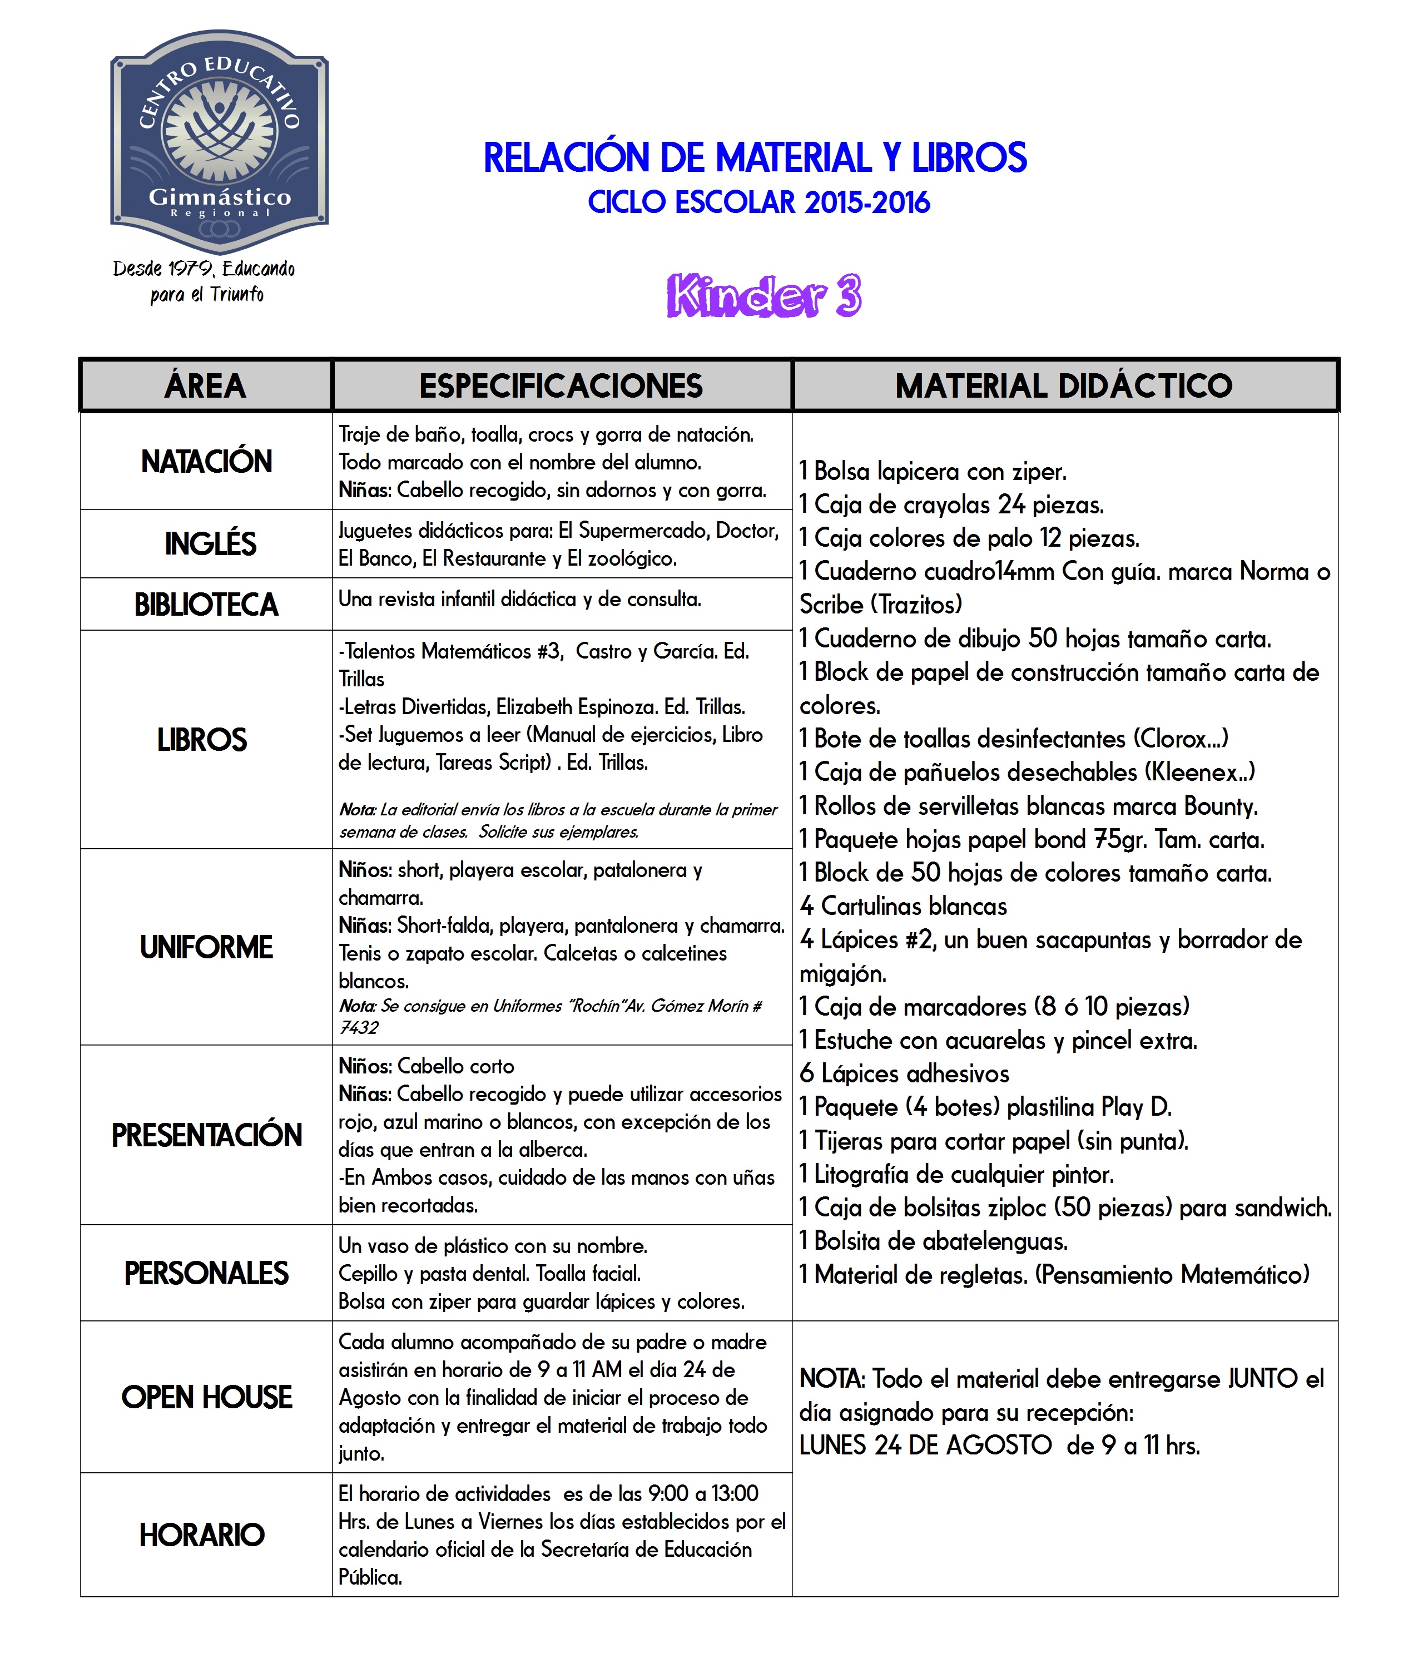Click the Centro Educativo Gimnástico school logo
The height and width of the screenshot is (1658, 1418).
coord(219,142)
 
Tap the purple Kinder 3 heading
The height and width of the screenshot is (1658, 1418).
coord(763,296)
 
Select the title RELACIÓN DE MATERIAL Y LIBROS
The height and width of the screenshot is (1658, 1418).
coord(755,157)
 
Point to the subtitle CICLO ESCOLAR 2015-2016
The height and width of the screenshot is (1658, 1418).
coord(758,202)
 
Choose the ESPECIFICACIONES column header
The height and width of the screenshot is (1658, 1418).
coord(561,385)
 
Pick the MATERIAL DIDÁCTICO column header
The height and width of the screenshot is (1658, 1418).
coord(1063,385)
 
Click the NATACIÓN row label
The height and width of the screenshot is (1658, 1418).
coord(206,462)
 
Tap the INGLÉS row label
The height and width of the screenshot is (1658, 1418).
coord(210,544)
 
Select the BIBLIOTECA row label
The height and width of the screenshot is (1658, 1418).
coord(206,605)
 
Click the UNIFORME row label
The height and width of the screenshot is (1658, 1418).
coord(206,947)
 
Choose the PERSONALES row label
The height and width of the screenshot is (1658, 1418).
coord(206,1273)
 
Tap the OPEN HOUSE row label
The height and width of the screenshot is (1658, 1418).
coord(206,1397)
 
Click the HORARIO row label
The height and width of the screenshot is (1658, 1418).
coord(202,1535)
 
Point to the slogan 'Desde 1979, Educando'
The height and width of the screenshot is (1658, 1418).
coord(204,269)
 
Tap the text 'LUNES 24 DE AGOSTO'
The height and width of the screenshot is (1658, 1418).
coord(925,1445)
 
